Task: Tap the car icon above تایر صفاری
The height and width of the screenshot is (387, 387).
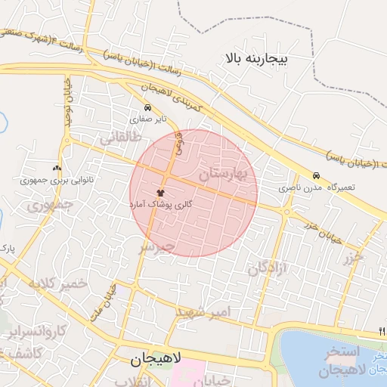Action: (x=147, y=107)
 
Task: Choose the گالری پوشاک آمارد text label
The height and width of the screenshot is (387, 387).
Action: (x=163, y=205)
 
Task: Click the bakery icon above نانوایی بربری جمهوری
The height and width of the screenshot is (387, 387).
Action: (x=57, y=168)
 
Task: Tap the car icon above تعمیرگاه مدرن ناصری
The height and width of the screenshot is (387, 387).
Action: (x=316, y=175)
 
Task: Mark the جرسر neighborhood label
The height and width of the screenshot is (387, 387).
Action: (x=156, y=246)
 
